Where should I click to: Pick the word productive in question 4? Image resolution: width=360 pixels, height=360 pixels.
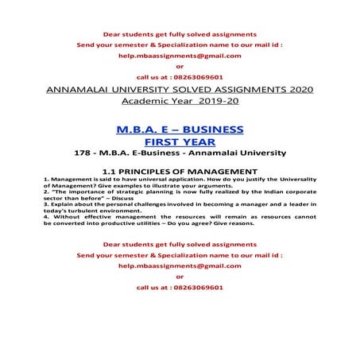(x=133, y=224)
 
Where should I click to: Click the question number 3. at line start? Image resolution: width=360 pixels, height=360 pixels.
(x=46, y=205)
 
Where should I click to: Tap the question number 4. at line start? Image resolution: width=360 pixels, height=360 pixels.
(x=46, y=218)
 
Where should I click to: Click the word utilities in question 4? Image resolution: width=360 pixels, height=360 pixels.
(x=168, y=224)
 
